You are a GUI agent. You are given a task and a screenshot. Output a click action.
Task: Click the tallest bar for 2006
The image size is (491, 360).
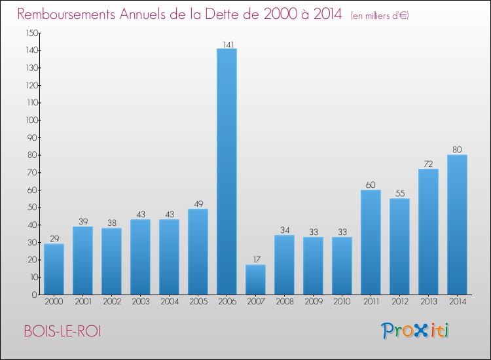pos(227,171)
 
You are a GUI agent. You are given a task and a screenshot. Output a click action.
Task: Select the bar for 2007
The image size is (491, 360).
pos(255,279)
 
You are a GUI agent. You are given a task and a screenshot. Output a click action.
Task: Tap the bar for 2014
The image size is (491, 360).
pos(457,225)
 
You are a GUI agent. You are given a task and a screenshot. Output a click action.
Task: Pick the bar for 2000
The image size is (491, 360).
pos(54,269)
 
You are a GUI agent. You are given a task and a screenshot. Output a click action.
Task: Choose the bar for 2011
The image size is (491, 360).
pos(371,242)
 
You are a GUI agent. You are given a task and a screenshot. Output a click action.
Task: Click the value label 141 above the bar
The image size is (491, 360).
pos(227,44)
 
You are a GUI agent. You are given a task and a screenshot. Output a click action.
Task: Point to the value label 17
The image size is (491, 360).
pos(255,260)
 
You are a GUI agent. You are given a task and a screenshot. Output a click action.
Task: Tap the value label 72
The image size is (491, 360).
pos(428,164)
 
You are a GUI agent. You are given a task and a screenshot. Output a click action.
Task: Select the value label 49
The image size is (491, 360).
pos(198,204)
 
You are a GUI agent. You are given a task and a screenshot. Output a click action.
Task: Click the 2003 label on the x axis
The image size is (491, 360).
pos(140,302)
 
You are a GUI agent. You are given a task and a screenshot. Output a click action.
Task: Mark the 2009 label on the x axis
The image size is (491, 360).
pos(313,302)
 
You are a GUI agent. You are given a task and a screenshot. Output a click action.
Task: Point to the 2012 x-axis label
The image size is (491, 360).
pos(399,302)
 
